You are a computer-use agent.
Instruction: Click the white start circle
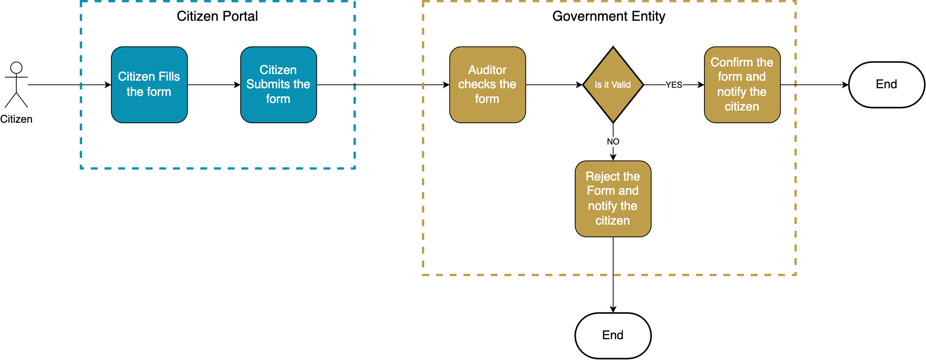(x=16, y=67)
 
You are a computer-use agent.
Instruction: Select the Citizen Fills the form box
(x=149, y=85)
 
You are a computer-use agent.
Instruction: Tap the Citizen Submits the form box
(x=278, y=85)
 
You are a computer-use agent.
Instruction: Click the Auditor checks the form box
(x=487, y=85)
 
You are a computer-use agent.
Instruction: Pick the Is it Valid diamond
(x=613, y=85)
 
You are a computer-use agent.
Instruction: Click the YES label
(x=674, y=85)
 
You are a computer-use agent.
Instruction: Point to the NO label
(x=613, y=141)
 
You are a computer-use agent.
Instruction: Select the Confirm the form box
(x=742, y=85)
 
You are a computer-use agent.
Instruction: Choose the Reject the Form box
(x=613, y=199)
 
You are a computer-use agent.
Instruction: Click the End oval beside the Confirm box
(x=886, y=85)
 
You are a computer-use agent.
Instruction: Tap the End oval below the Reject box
(x=613, y=336)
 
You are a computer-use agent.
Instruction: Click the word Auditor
(x=487, y=70)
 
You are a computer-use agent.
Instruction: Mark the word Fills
(x=169, y=77)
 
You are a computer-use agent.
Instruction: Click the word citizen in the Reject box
(x=613, y=221)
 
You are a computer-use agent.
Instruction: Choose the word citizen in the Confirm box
(x=742, y=106)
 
